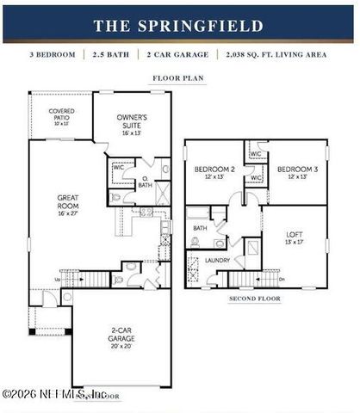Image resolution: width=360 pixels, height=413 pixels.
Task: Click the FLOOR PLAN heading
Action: pos(177,77)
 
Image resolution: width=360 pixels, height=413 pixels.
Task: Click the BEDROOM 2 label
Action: pos(214,169)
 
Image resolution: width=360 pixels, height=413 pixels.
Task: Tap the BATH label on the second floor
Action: pos(200,228)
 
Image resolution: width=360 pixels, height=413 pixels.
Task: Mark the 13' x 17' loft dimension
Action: pos(294,243)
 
